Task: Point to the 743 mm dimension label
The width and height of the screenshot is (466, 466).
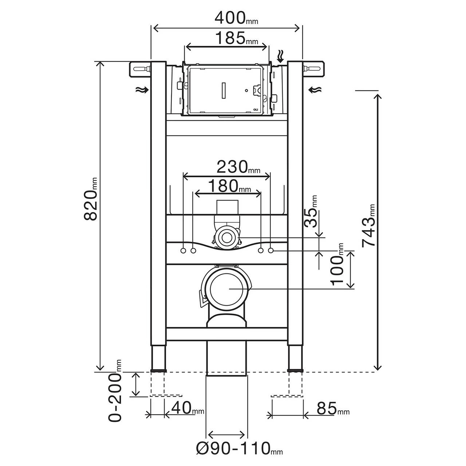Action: coord(368,226)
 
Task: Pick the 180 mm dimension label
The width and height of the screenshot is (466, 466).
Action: coord(229,186)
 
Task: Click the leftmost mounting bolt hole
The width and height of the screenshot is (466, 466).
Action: coord(183,250)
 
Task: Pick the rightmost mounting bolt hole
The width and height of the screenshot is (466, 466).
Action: coord(271,250)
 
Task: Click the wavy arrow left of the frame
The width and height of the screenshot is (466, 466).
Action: coord(142,90)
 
